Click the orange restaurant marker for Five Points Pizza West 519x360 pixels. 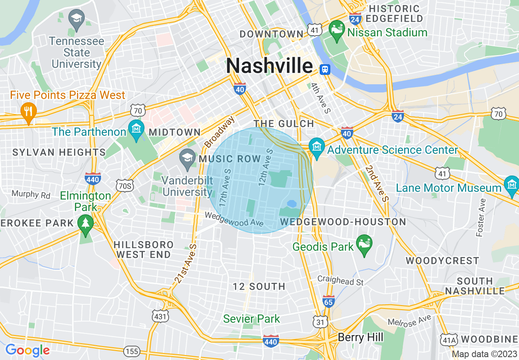pyautogui.click(x=28, y=111)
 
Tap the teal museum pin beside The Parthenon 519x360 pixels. pyautogui.click(x=136, y=128)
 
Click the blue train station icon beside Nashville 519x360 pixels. pyautogui.click(x=325, y=69)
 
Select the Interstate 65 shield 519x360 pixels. pyautogui.click(x=329, y=301)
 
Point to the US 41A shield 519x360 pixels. pyautogui.click(x=448, y=339)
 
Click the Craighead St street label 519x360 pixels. pyautogui.click(x=341, y=281)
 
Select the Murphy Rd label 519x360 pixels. pyautogui.click(x=31, y=194)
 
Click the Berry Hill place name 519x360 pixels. pyautogui.click(x=360, y=337)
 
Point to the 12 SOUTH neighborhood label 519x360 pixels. pyautogui.click(x=259, y=286)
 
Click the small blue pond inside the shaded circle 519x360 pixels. pyautogui.click(x=292, y=203)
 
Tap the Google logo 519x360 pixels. pyautogui.click(x=27, y=350)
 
